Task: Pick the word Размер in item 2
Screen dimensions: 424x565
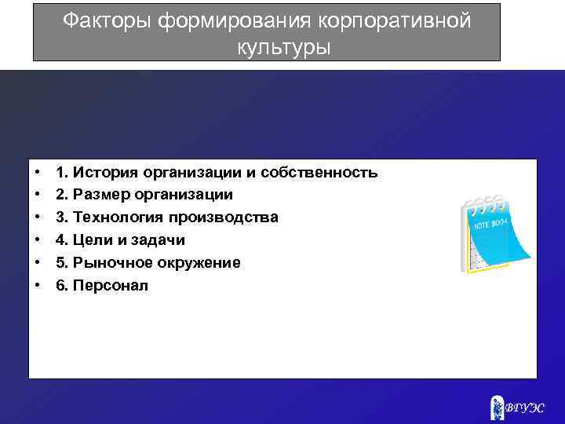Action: (99, 194)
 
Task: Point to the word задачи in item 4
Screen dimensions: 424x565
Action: (157, 239)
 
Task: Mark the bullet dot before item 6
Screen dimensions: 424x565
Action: (38, 285)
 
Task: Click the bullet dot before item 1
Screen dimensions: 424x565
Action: (38, 172)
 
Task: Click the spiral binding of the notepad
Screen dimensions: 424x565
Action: (485, 201)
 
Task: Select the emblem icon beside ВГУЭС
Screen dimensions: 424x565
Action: (497, 406)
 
